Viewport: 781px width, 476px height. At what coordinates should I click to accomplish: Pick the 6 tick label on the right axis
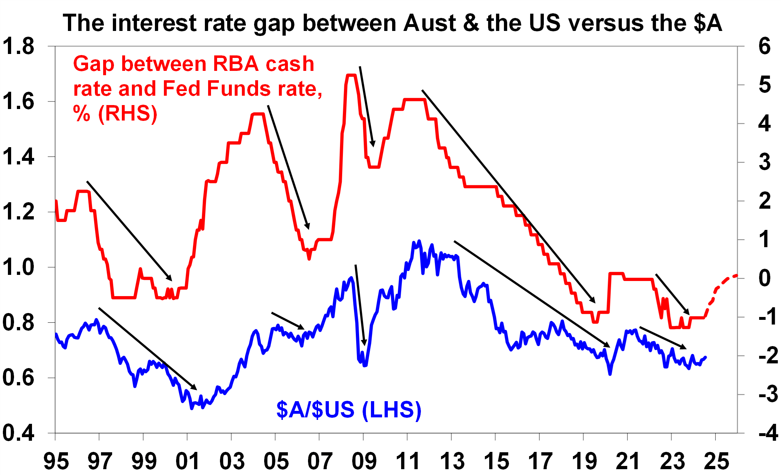click(x=764, y=47)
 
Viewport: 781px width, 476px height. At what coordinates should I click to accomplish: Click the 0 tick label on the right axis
click(x=764, y=278)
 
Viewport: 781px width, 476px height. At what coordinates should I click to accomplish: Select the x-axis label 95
click(x=56, y=461)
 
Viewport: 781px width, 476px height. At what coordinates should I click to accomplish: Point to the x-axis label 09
click(x=364, y=461)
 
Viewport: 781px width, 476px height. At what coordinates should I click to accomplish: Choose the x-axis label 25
click(x=716, y=461)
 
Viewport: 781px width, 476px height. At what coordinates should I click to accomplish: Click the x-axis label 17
click(x=540, y=461)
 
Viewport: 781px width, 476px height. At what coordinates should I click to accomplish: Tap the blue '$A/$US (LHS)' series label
click(x=349, y=409)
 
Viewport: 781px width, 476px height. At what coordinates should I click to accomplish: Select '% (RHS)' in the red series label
click(x=115, y=114)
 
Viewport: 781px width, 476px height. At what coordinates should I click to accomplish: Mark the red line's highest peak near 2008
click(x=351, y=75)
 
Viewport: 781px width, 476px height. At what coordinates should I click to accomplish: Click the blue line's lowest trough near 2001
click(x=192, y=408)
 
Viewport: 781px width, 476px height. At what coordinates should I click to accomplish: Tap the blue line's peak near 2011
click(x=419, y=241)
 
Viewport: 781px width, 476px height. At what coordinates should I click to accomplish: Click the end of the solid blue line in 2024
click(x=706, y=357)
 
